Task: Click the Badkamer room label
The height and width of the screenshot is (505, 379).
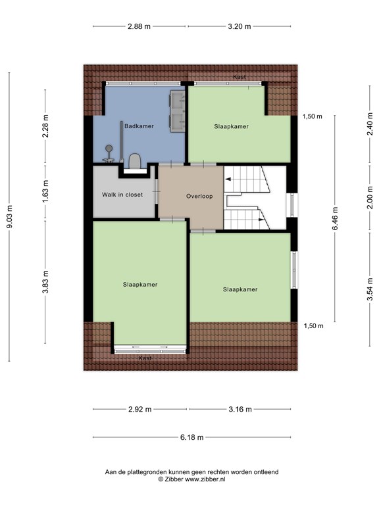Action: (139, 126)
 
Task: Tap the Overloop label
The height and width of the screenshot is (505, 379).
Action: (199, 196)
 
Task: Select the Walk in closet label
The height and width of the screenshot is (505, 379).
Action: (122, 195)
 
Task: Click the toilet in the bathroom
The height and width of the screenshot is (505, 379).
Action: (135, 161)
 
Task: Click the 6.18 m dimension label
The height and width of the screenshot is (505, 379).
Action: (191, 437)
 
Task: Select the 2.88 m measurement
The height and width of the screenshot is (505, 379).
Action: (139, 26)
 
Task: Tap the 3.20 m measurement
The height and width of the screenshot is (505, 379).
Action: (240, 26)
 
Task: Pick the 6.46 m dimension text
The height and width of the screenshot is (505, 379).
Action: (335, 219)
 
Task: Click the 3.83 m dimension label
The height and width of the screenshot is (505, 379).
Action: (45, 282)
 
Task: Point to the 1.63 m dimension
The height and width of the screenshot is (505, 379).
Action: (45, 192)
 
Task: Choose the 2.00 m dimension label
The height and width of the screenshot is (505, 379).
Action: (370, 197)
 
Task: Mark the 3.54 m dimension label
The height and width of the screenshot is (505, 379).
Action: (370, 289)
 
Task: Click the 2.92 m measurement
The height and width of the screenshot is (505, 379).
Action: (140, 410)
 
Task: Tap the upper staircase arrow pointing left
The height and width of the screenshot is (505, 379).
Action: (228, 179)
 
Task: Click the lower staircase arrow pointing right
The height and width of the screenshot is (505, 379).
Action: (261, 220)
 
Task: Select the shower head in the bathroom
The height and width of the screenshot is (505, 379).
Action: (109, 148)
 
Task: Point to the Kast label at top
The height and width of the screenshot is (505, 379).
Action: (240, 77)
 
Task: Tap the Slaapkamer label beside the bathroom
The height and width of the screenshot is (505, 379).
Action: (232, 126)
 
